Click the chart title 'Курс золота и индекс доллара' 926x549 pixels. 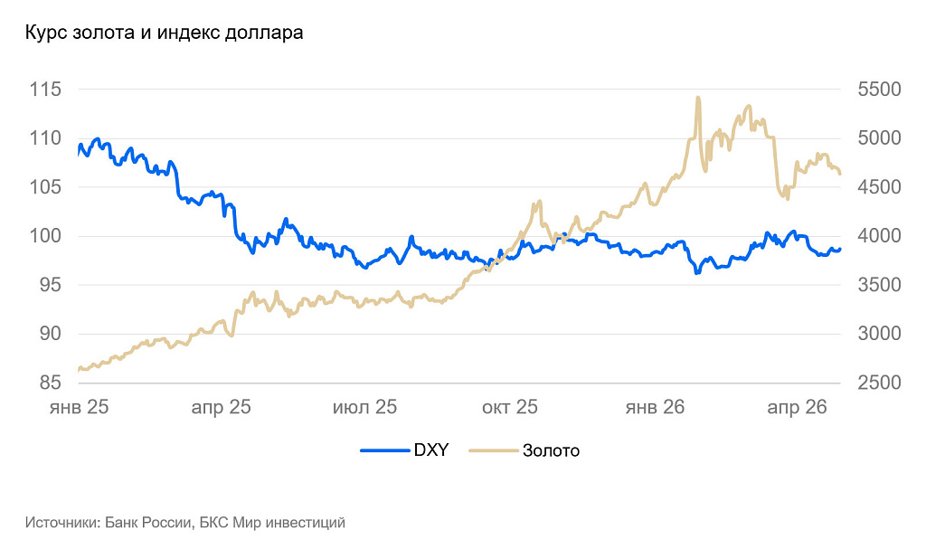tap(164, 33)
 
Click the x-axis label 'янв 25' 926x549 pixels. tap(79, 408)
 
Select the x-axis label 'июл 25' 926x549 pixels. tap(364, 408)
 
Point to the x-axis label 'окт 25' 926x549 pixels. tap(509, 408)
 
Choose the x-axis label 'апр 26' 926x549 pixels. tap(797, 408)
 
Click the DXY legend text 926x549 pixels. tap(431, 450)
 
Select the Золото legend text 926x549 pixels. tap(551, 450)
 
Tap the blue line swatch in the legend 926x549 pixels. tap(384, 450)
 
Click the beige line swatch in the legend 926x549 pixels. tap(493, 450)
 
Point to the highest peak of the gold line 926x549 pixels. tap(698, 98)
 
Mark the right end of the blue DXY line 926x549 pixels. tap(839, 249)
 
